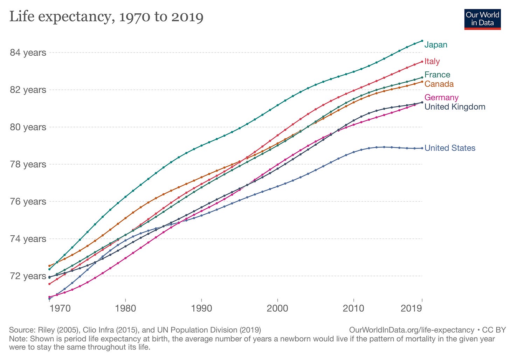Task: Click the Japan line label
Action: pyautogui.click(x=436, y=45)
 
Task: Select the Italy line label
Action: pyautogui.click(x=432, y=62)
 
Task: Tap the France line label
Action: pyautogui.click(x=437, y=75)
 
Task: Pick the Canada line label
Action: pyautogui.click(x=439, y=84)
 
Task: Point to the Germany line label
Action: pyautogui.click(x=441, y=98)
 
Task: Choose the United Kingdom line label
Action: pyautogui.click(x=455, y=107)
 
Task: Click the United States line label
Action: pyautogui.click(x=450, y=148)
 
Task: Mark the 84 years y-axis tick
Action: pyautogui.click(x=28, y=53)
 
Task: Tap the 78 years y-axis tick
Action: pyautogui.click(x=28, y=164)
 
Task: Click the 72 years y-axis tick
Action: pyautogui.click(x=28, y=276)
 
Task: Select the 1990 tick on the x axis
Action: pyautogui.click(x=201, y=309)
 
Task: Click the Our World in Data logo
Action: pyautogui.click(x=482, y=19)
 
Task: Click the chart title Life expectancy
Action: pyautogui.click(x=106, y=17)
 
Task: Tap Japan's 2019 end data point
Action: pyautogui.click(x=422, y=41)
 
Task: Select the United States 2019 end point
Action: pyautogui.click(x=422, y=148)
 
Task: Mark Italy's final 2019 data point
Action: pyautogui.click(x=422, y=62)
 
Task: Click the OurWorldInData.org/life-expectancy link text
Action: pyautogui.click(x=412, y=330)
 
